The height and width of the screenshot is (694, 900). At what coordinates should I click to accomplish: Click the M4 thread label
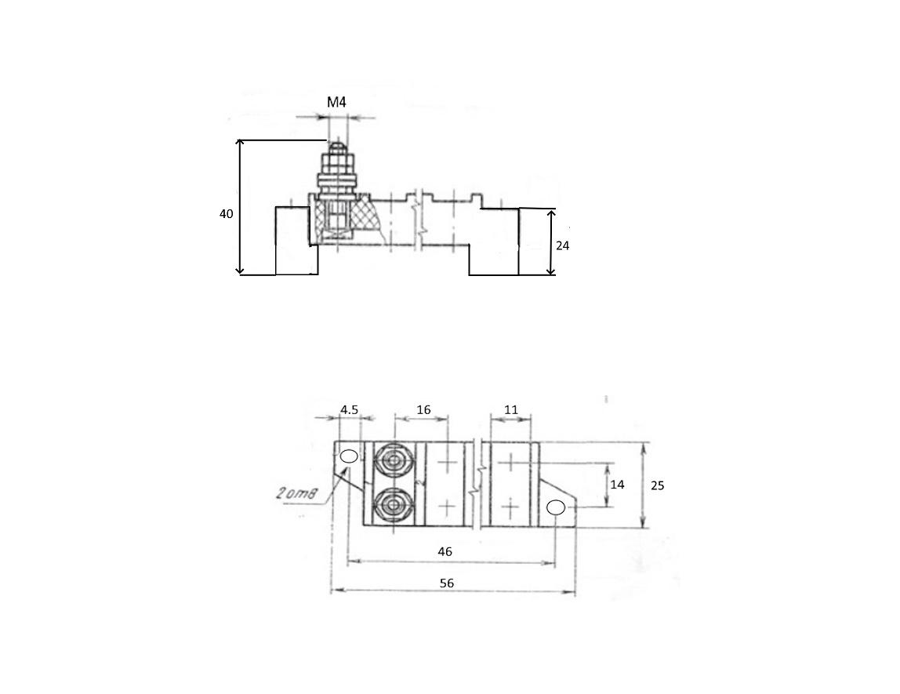pyautogui.click(x=336, y=103)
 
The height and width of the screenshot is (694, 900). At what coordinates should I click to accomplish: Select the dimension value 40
pyautogui.click(x=226, y=213)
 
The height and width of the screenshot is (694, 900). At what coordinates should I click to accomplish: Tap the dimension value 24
pyautogui.click(x=563, y=245)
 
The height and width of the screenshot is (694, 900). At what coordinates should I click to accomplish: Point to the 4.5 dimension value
pyautogui.click(x=349, y=409)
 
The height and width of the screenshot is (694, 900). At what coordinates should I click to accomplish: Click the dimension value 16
pyautogui.click(x=423, y=409)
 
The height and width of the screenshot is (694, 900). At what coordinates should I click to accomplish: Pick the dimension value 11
pyautogui.click(x=511, y=409)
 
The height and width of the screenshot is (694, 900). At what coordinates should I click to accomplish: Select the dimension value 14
pyautogui.click(x=617, y=485)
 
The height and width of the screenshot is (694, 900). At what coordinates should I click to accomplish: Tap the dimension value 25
pyautogui.click(x=657, y=485)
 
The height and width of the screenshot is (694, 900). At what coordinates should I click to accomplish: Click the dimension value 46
pyautogui.click(x=445, y=551)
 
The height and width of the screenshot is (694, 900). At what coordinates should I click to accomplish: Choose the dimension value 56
pyautogui.click(x=447, y=583)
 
